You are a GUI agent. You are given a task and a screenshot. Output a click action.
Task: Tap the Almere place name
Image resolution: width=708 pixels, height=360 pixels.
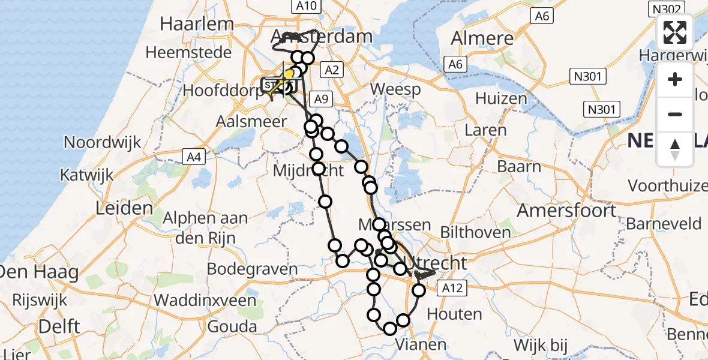[481, 39]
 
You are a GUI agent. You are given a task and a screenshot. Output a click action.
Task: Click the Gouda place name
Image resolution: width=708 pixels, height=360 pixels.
[232, 327]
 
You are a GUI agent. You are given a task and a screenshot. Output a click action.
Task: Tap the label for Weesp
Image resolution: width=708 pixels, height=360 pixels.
[395, 89]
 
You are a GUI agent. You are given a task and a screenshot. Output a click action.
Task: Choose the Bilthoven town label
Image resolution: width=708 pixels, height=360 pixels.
[475, 232]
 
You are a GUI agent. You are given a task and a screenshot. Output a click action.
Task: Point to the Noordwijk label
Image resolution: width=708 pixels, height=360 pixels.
[103, 143]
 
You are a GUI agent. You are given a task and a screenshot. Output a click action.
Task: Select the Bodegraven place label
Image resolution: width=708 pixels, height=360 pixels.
[252, 269]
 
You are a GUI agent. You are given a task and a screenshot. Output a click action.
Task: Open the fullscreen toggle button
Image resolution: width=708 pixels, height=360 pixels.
[675, 32]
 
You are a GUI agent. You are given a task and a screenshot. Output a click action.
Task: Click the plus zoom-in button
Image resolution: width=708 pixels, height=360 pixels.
[675, 79]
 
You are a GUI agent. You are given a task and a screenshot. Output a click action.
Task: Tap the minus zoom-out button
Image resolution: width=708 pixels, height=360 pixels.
[675, 114]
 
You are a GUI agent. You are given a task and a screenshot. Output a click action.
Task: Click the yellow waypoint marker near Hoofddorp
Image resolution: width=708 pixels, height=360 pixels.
[289, 74]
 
